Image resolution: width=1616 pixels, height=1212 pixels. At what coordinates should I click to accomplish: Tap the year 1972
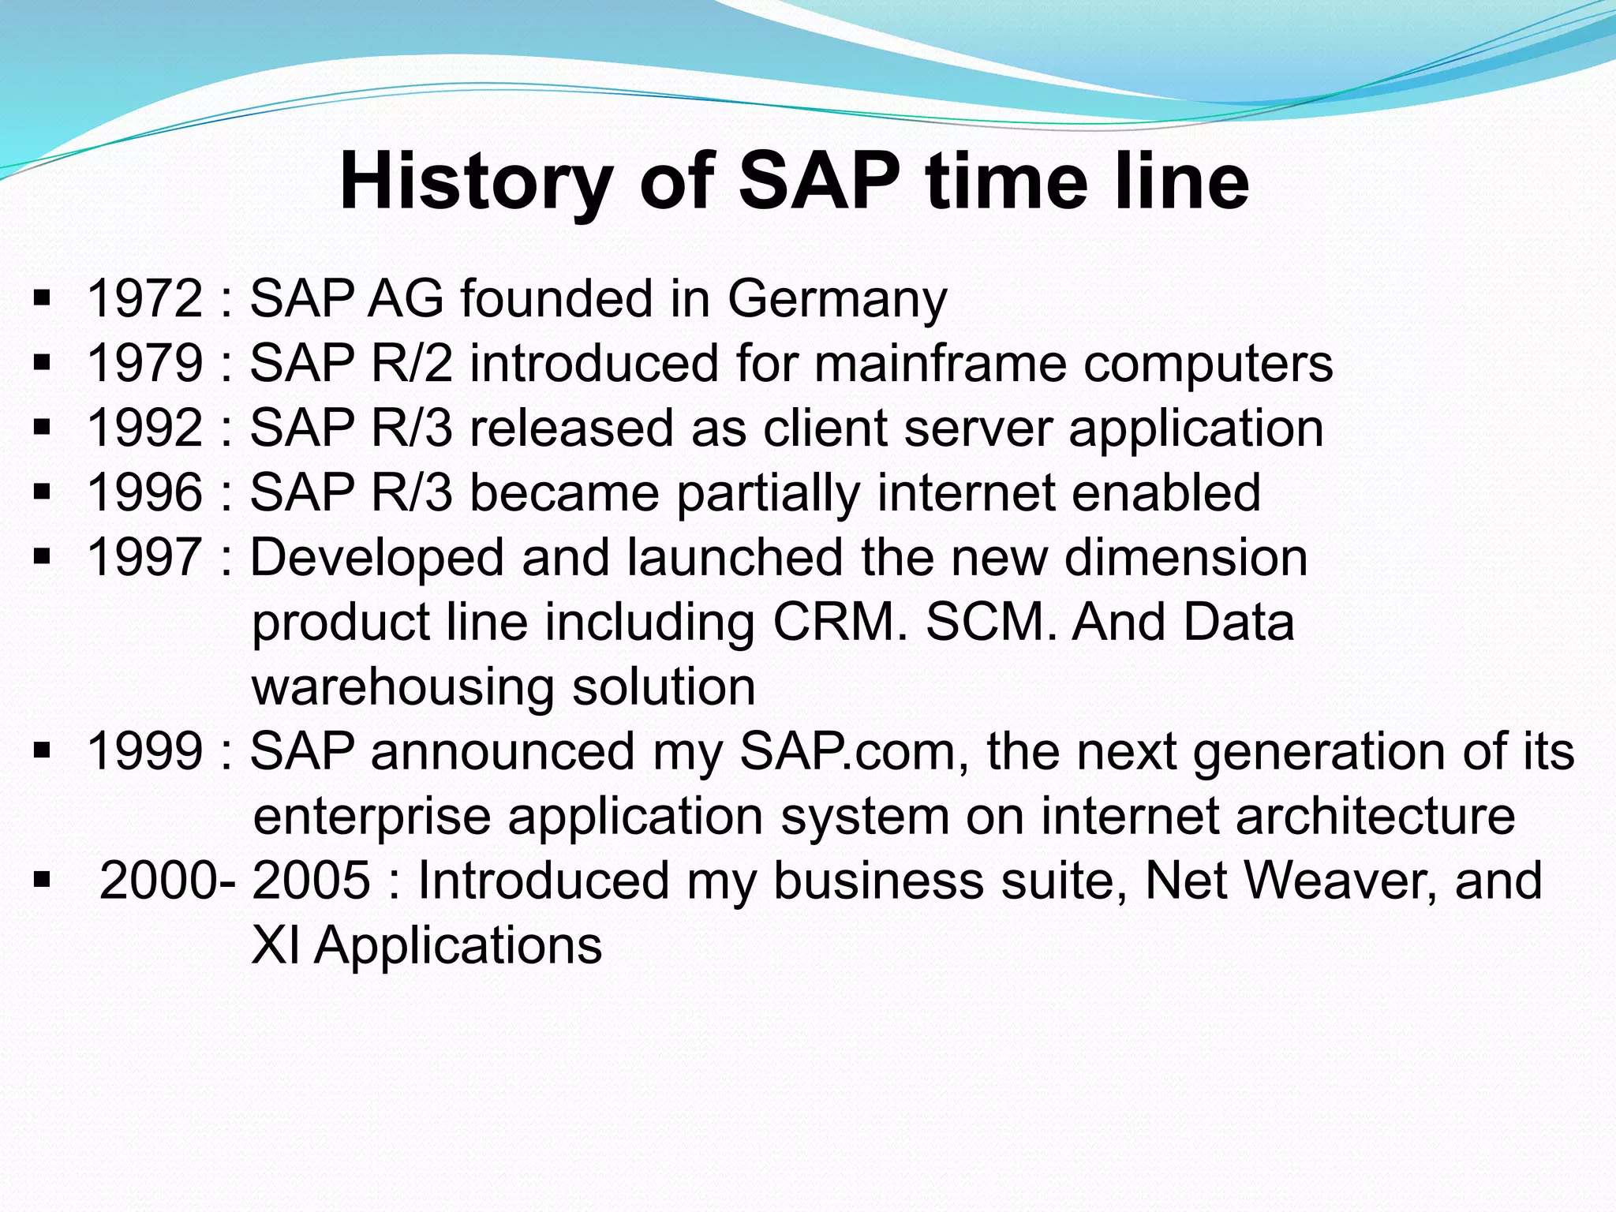(145, 299)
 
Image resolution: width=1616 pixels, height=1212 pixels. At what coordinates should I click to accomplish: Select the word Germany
(836, 301)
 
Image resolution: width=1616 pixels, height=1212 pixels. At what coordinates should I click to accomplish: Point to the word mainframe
(939, 364)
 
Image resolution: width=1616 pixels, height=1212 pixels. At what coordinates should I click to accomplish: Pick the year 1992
(145, 428)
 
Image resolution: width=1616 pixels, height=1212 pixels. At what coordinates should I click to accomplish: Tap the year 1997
(145, 558)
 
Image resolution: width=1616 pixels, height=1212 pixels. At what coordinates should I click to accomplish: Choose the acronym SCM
(990, 623)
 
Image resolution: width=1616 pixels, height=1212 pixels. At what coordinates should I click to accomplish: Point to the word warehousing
(403, 687)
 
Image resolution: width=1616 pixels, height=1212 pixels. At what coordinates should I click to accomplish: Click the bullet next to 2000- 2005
(43, 878)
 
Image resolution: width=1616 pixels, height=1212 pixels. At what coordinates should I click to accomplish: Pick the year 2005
(311, 881)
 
